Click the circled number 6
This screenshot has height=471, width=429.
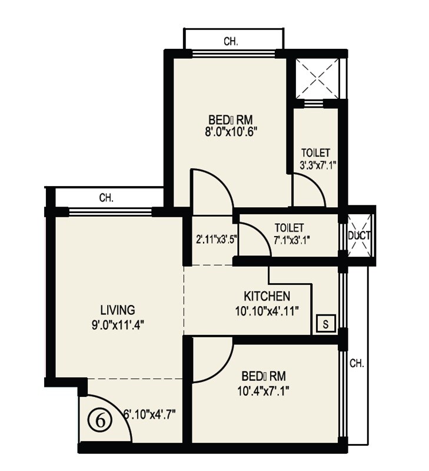[x=101, y=420]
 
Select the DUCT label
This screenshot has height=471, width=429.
[x=359, y=235]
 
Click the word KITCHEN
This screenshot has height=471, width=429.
[x=267, y=296]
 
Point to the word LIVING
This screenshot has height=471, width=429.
[x=117, y=310]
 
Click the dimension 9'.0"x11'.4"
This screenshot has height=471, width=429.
[x=118, y=323]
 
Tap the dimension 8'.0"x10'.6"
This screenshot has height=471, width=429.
[x=228, y=132]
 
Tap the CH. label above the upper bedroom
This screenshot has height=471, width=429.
[x=231, y=42]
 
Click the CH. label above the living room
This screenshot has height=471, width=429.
[x=106, y=198]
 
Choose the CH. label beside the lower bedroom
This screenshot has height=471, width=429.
[x=357, y=363]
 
